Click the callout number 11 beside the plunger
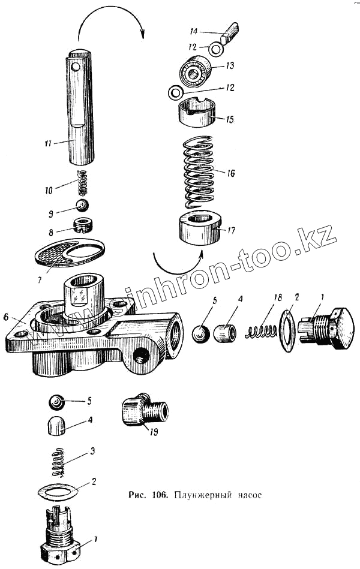click(x=49, y=143)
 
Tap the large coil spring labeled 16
click(x=199, y=171)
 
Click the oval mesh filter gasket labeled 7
click(x=69, y=254)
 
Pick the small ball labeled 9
click(x=82, y=206)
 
